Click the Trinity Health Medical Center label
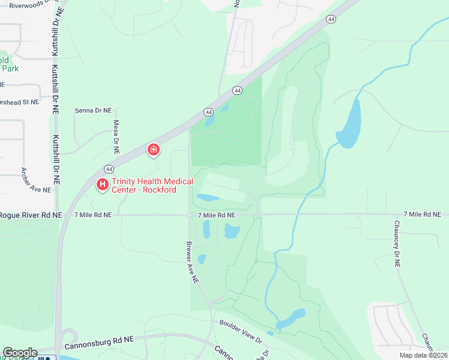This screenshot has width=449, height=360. point(152,185)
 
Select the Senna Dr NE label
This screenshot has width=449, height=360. point(93,110)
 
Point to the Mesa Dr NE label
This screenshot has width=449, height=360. point(116,135)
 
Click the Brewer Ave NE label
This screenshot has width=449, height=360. point(191,262)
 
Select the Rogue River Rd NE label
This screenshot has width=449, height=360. point(30,215)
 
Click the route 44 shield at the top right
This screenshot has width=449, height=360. point(331,19)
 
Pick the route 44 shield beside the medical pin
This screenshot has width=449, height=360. point(109,169)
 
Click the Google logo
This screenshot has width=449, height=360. point(20,353)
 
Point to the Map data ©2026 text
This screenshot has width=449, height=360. point(423,355)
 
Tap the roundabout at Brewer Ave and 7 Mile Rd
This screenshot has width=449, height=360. point(189,215)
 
